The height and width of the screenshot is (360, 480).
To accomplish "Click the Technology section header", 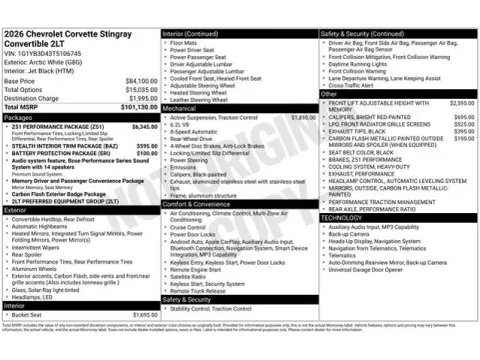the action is coord(343,217).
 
